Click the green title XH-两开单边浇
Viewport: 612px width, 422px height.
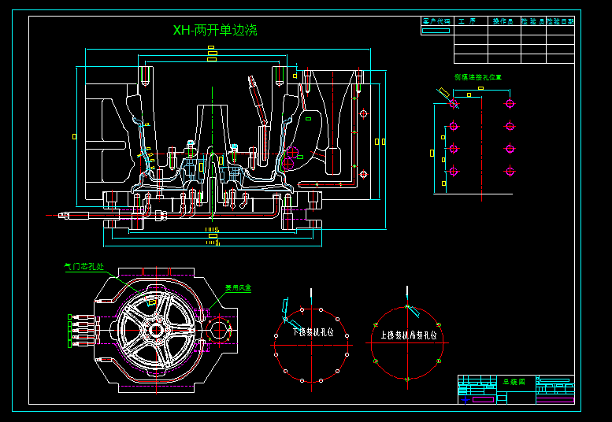215,31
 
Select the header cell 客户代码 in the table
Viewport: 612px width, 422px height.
436,22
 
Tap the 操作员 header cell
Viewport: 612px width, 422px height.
503,22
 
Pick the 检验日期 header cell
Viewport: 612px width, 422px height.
561,22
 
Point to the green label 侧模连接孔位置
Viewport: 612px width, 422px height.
478,78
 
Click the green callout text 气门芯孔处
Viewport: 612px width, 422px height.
83,267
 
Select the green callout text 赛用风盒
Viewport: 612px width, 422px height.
238,288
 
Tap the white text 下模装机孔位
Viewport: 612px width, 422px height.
313,332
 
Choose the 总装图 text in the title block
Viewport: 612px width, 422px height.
514,381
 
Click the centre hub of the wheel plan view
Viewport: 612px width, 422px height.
156,330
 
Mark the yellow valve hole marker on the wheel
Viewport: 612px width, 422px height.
152,302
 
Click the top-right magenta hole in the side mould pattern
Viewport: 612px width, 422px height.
510,103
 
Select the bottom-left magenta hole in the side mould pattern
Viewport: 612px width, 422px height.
454,171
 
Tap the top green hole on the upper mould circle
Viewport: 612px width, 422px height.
407,307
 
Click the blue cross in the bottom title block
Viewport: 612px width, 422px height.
465,399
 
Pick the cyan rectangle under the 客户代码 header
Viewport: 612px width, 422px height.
436,31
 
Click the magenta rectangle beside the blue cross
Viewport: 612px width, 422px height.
483,399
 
